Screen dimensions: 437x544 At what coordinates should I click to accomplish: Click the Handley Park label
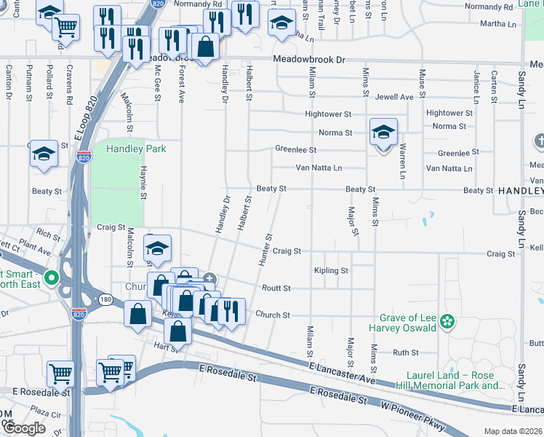tap(136, 149)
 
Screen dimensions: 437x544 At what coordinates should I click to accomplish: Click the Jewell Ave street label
tap(395, 97)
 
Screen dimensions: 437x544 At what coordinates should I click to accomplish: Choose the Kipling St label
tap(331, 271)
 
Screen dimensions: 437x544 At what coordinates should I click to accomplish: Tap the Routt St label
tap(276, 288)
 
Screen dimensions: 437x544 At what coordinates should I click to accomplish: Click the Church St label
tap(273, 315)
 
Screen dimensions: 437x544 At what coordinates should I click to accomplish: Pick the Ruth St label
tap(405, 353)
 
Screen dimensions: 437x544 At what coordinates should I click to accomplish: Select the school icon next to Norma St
tap(383, 133)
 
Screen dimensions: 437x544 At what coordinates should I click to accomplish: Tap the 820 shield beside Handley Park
tap(84, 157)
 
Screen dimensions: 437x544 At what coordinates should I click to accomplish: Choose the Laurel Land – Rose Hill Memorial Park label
tap(450, 379)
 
